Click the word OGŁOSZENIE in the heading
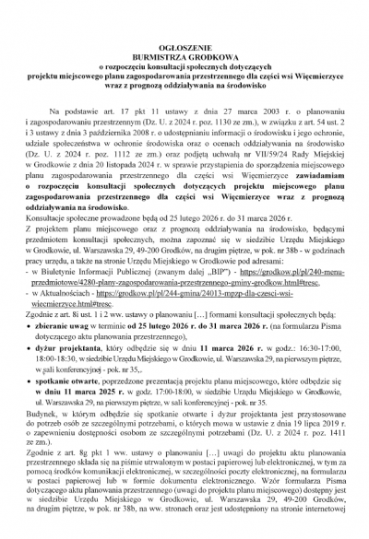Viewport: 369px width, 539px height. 184,34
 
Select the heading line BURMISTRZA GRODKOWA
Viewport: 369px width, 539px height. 184,44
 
